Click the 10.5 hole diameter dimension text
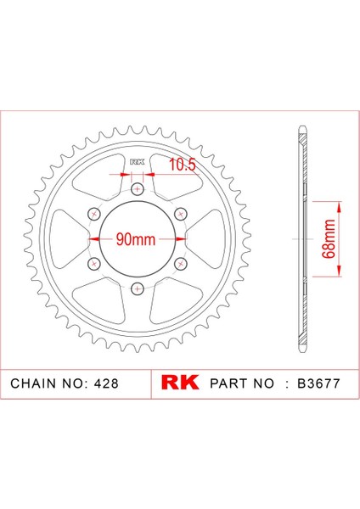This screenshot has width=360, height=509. pos(181,165)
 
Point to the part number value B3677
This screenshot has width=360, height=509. pos(317,383)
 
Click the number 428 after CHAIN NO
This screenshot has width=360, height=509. pos(120,383)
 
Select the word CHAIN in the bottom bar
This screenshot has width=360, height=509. pos(33,383)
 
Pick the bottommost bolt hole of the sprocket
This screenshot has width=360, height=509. pos(137,288)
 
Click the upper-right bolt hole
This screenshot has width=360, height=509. pos(180,214)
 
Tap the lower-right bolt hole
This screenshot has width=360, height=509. pos(180,264)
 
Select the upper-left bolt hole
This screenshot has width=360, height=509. pos(93,214)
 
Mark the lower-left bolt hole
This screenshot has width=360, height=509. pos(93,264)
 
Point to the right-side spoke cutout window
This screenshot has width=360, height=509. pos(204,239)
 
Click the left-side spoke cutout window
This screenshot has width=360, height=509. pos(70,239)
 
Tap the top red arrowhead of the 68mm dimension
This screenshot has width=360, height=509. pos(339,206)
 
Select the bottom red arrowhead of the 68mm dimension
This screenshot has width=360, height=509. pos(339,272)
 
